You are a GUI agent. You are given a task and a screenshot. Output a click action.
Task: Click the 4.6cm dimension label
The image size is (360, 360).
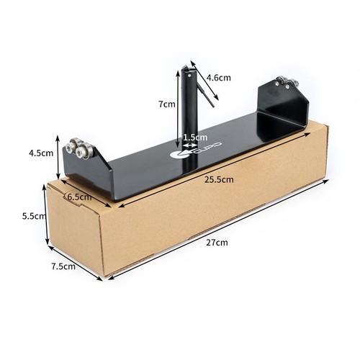click(x=219, y=78)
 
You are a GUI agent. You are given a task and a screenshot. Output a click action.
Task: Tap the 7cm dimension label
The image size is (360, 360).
click(x=167, y=104)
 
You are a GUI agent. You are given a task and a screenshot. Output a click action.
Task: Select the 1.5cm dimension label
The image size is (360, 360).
click(x=195, y=138)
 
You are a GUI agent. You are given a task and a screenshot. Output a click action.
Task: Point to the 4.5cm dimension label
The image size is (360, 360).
click(x=41, y=153)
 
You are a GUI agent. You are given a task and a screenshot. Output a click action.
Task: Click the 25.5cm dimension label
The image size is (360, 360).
click(x=219, y=179)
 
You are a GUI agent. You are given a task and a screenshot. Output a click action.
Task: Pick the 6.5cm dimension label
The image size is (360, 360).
click(x=80, y=197)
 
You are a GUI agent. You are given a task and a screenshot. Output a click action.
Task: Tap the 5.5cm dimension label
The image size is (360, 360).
click(x=34, y=216)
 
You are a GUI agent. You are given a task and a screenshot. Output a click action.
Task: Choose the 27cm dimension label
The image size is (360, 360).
click(x=217, y=243)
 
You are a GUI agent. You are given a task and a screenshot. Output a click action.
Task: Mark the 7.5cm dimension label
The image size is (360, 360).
click(x=63, y=266)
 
